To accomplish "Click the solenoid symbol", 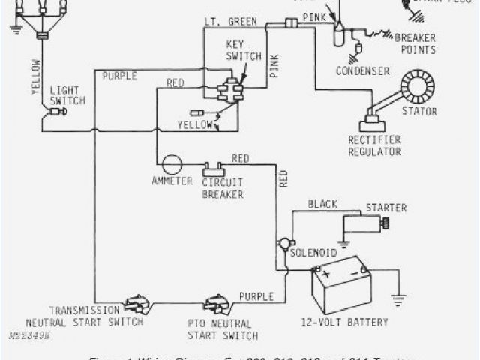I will pos(283,244).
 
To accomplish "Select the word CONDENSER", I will pos(363,71).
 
